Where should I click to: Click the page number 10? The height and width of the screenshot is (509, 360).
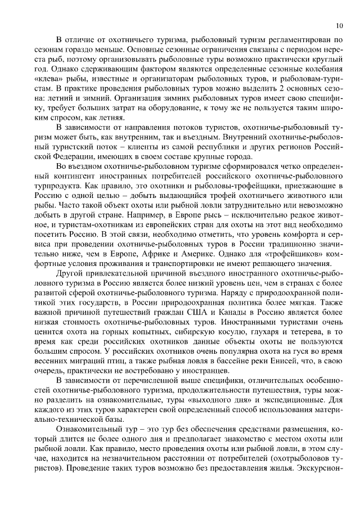click(339, 25)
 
